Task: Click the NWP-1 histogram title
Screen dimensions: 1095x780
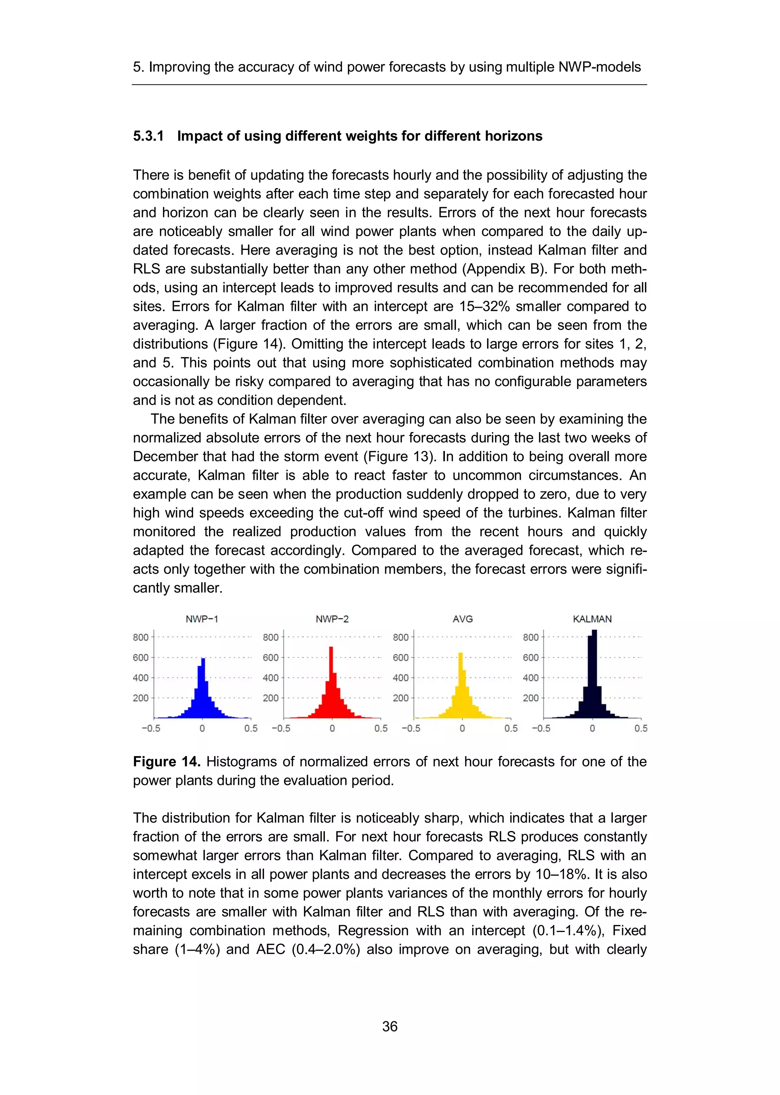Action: pos(202,619)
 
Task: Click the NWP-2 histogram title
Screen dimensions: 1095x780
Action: pos(332,619)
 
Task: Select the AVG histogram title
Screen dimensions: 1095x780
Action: pos(462,619)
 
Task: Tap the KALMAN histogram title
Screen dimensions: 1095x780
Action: pos(592,619)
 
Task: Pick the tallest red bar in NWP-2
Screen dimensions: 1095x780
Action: pos(331,682)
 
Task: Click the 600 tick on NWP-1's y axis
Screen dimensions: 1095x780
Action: pos(140,657)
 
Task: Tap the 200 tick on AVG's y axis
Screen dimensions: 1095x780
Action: pos(401,698)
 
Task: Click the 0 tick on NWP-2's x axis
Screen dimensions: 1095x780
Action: pos(332,729)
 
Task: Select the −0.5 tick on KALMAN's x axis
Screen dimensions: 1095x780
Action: pos(541,729)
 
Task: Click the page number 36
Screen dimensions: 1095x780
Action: pos(390,1026)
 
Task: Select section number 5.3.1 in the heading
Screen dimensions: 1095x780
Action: pos(149,136)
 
